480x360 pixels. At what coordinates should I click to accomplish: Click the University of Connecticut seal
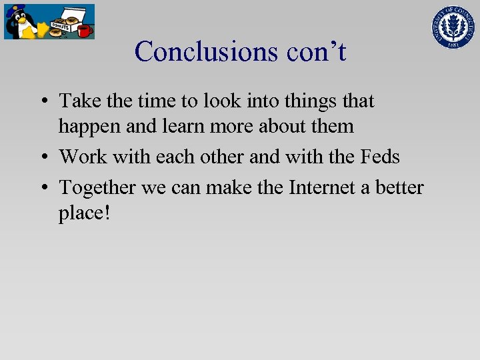(451, 26)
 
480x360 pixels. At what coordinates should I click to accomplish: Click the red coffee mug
(84, 31)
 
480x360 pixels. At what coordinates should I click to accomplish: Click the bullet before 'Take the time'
(43, 102)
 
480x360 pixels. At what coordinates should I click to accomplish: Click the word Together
(98, 189)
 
